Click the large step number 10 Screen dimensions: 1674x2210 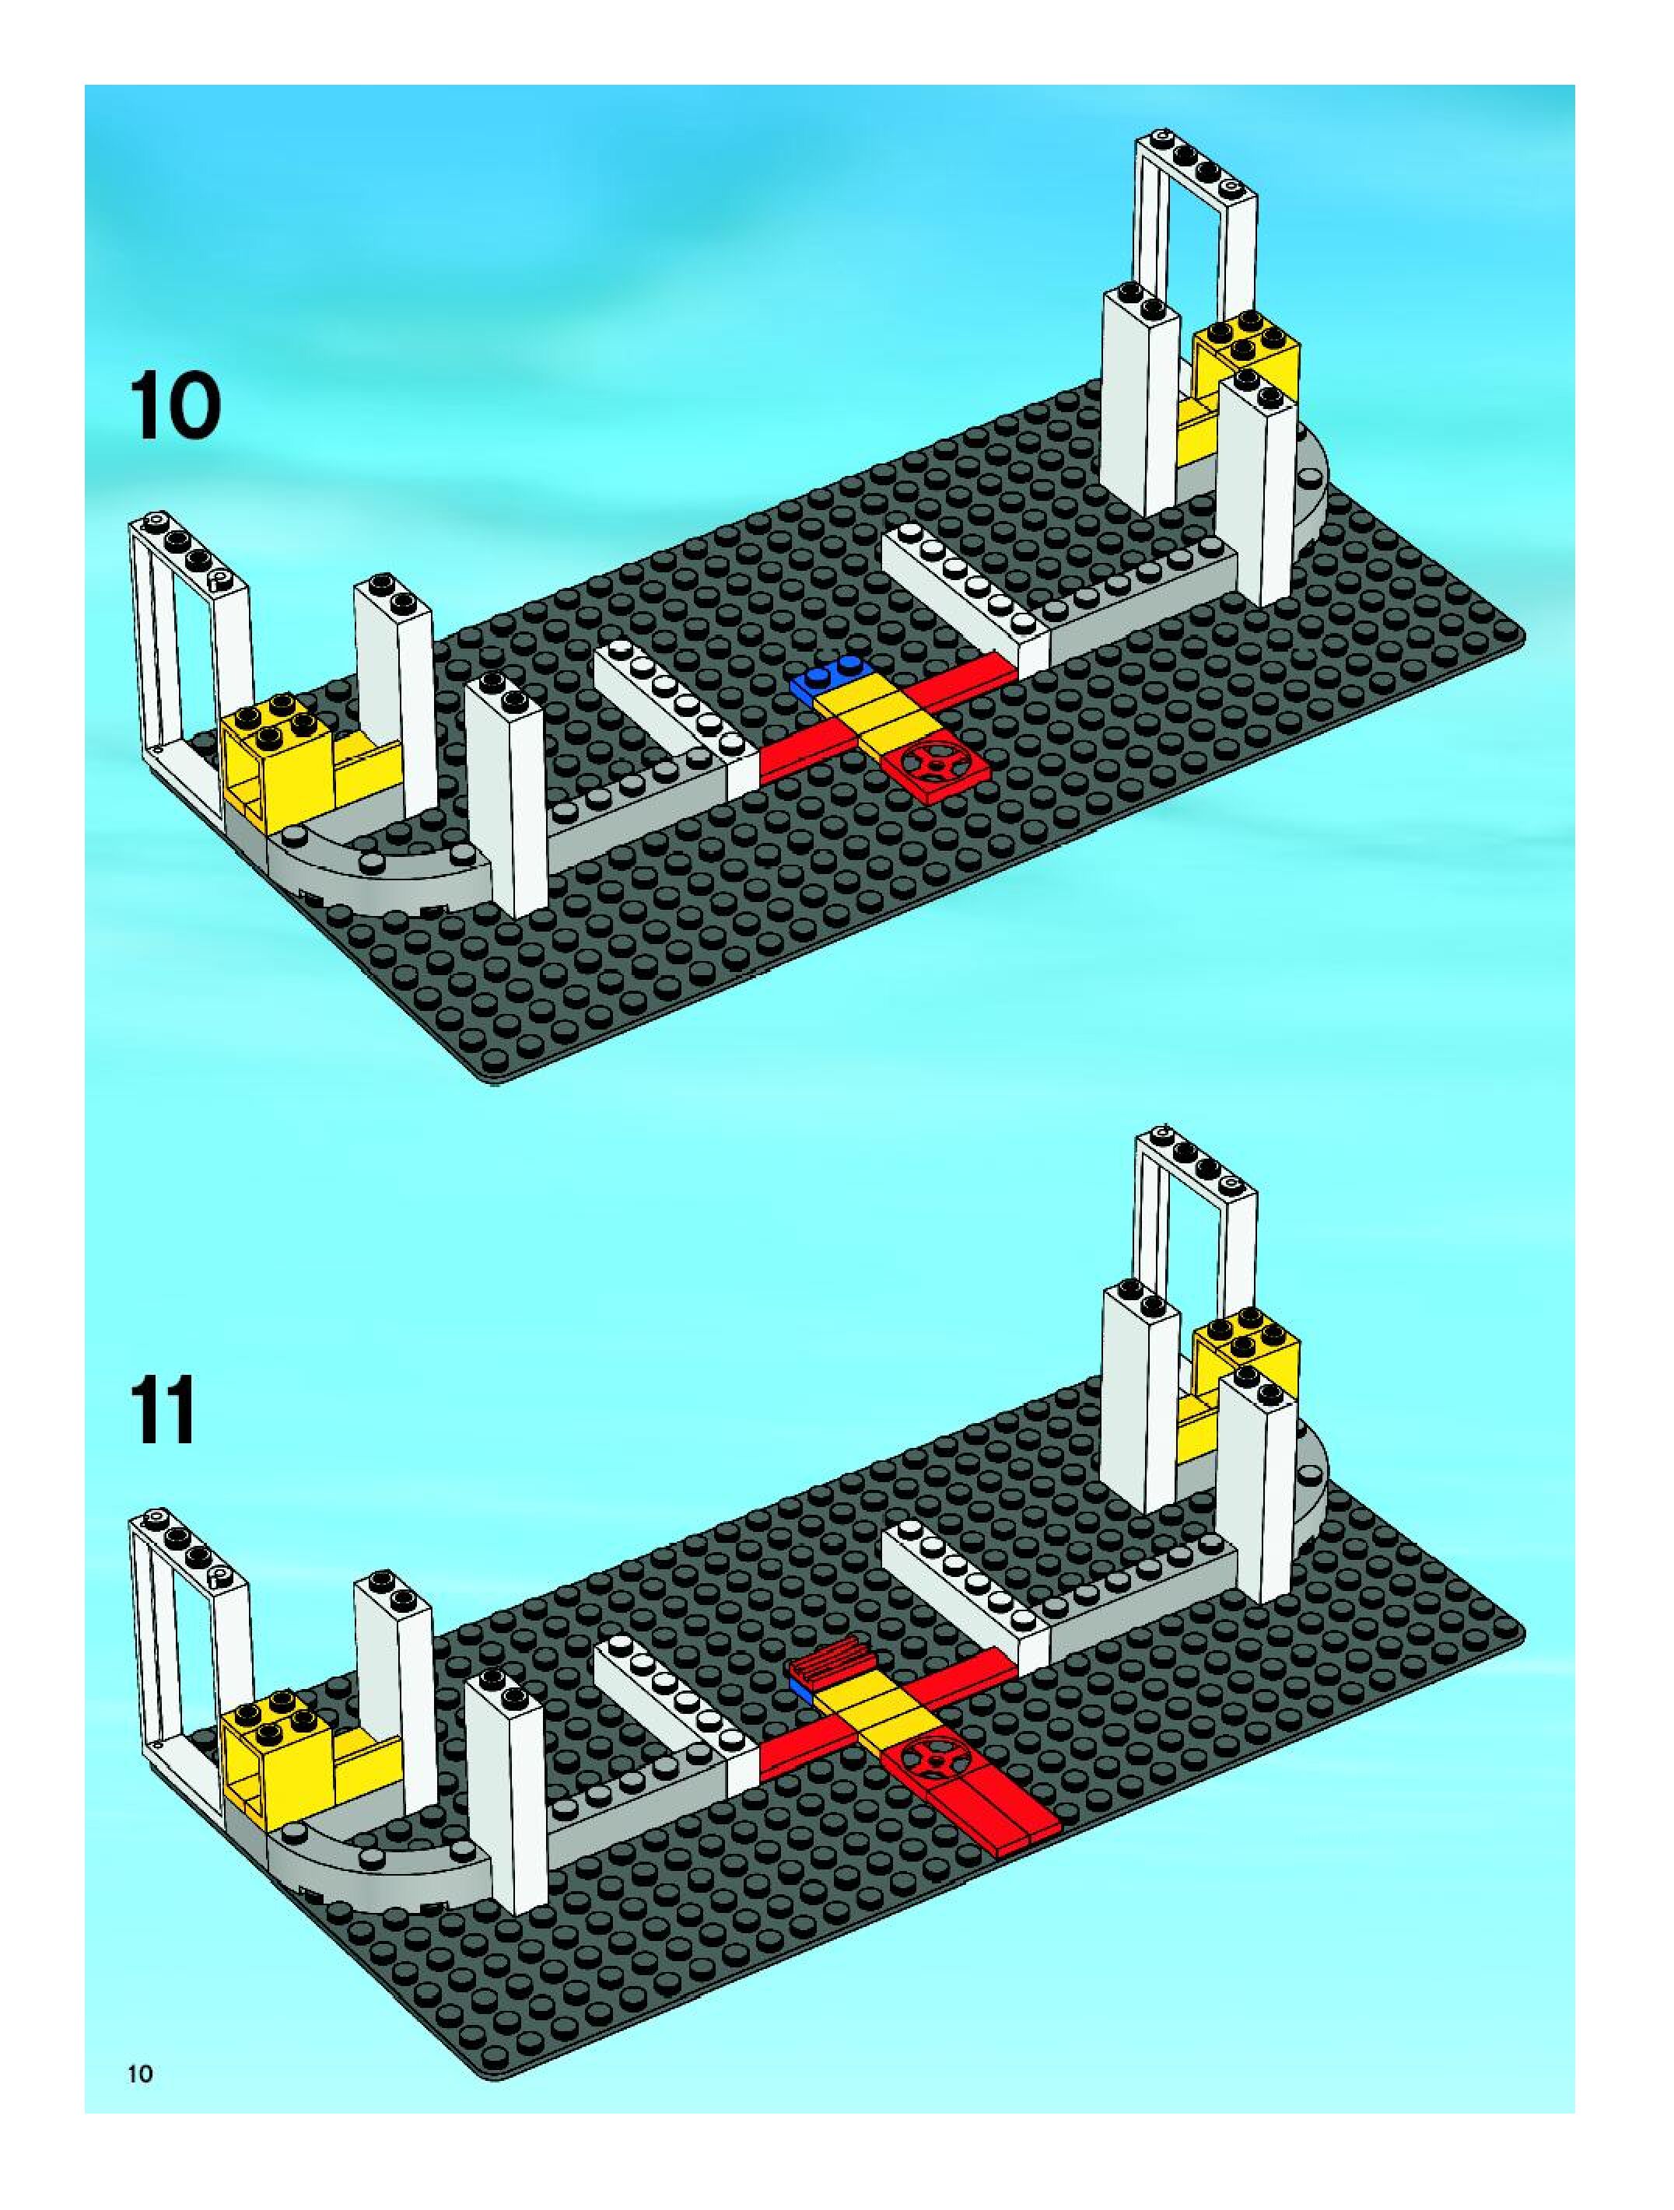[173, 406]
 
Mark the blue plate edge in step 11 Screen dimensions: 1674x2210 [800, 1687]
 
